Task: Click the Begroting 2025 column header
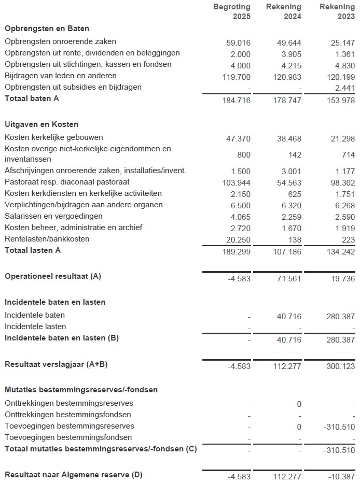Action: point(232,12)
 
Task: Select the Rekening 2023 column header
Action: point(337,12)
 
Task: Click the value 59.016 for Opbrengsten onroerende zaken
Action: point(238,42)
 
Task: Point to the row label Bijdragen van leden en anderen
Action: point(60,76)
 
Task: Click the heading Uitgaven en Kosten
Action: point(41,124)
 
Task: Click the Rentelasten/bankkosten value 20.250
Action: point(238,239)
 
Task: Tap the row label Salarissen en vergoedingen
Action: point(53,216)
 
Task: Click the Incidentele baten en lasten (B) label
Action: point(62,338)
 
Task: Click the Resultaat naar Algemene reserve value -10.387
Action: point(341,476)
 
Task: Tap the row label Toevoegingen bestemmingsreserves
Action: point(69,426)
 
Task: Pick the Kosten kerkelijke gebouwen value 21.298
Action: point(342,138)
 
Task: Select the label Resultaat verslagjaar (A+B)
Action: point(56,364)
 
